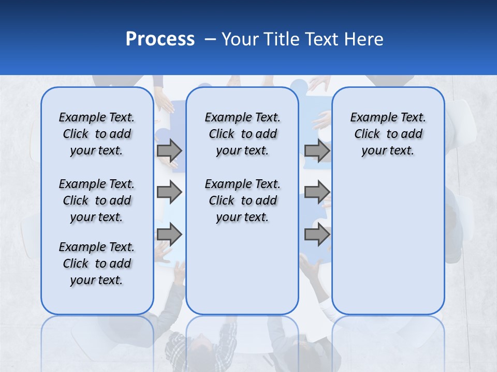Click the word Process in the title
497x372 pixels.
click(160, 39)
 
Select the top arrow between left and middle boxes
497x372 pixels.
click(169, 150)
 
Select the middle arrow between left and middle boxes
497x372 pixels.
click(169, 193)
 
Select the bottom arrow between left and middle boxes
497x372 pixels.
click(169, 235)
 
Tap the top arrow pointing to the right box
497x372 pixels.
click(317, 150)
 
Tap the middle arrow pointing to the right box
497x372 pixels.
click(317, 193)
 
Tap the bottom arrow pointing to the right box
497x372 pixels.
click(317, 235)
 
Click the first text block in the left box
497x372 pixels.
click(97, 134)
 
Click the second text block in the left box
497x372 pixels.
click(97, 200)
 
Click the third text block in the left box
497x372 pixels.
click(97, 263)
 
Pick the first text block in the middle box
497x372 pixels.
click(242, 134)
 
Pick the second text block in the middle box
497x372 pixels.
click(242, 200)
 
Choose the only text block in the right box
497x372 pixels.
click(388, 134)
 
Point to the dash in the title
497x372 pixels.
click(210, 40)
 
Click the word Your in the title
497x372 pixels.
click(241, 39)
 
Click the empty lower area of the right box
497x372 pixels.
click(388, 243)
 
